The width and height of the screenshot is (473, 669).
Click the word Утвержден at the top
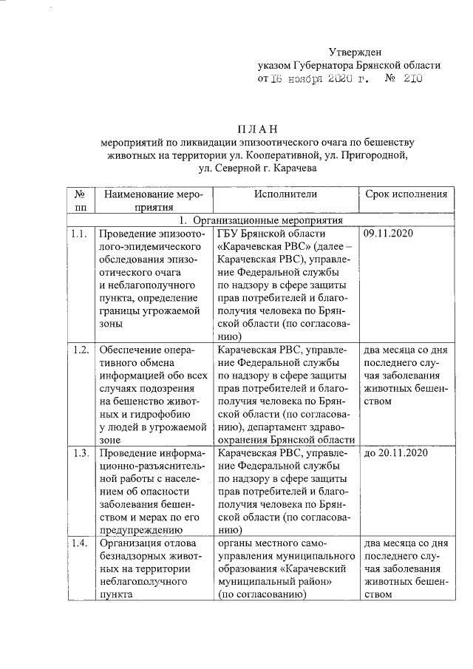[x=355, y=51]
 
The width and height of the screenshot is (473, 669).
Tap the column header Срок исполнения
[x=406, y=194]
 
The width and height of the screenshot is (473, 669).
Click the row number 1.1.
[x=79, y=234]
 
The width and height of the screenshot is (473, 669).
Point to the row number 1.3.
[x=79, y=452]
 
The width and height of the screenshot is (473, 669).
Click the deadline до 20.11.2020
[x=396, y=452]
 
